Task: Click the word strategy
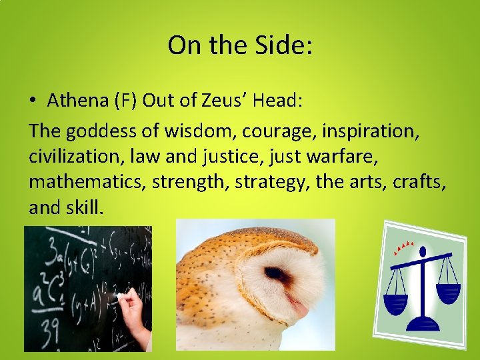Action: [273, 182]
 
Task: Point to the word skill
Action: [85, 207]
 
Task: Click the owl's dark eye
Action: [276, 274]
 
